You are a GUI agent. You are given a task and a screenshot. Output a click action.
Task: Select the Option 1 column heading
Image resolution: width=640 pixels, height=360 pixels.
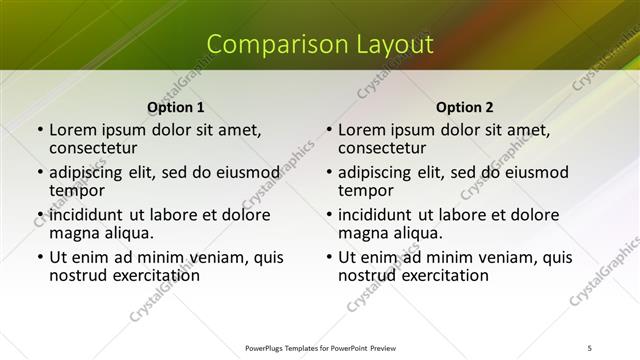pos(175,107)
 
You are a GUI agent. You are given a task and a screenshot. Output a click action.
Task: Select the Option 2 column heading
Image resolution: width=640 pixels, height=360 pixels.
pos(464,107)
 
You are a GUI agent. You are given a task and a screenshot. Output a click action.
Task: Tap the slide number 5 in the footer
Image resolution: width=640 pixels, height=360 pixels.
pos(590,348)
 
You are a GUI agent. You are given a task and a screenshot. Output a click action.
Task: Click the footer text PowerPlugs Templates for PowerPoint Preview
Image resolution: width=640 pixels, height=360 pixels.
pos(320,348)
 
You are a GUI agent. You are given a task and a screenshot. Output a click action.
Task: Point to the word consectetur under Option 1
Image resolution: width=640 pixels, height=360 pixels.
pos(99,148)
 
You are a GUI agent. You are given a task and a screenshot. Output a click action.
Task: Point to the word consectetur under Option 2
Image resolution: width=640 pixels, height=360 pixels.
pos(388,148)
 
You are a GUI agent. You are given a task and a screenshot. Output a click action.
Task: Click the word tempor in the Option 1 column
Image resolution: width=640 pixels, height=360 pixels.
pos(77,190)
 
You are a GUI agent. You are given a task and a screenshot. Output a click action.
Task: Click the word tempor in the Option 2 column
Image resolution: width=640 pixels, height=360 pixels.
pos(366,190)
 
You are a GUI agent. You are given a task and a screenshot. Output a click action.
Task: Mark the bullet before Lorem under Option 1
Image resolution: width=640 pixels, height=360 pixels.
pos(39,130)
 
